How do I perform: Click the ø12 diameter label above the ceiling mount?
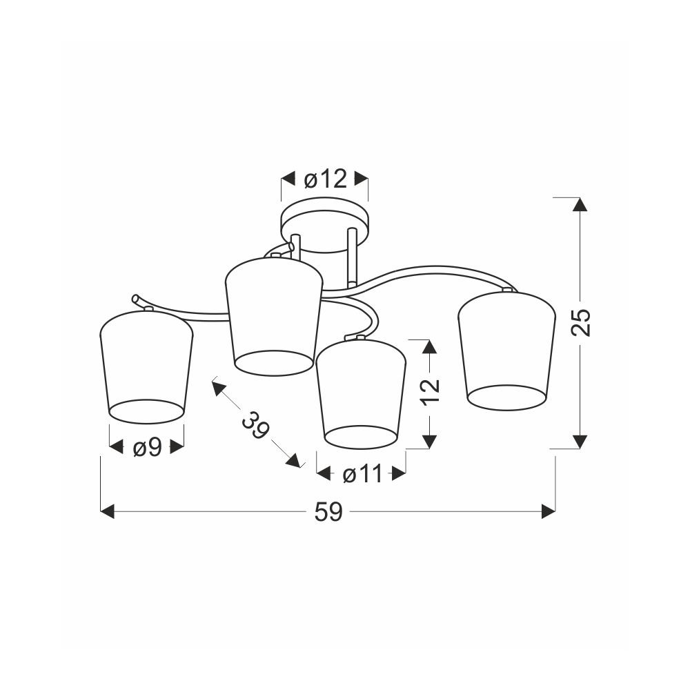pyautogui.click(x=326, y=179)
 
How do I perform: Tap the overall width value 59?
pyautogui.click(x=328, y=512)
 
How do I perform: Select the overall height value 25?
pyautogui.click(x=581, y=322)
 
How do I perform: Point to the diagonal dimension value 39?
pyautogui.click(x=255, y=426)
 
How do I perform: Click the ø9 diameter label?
pyautogui.click(x=148, y=448)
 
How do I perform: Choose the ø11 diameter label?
pyautogui.click(x=363, y=475)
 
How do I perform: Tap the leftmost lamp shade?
pyautogui.click(x=146, y=366)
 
